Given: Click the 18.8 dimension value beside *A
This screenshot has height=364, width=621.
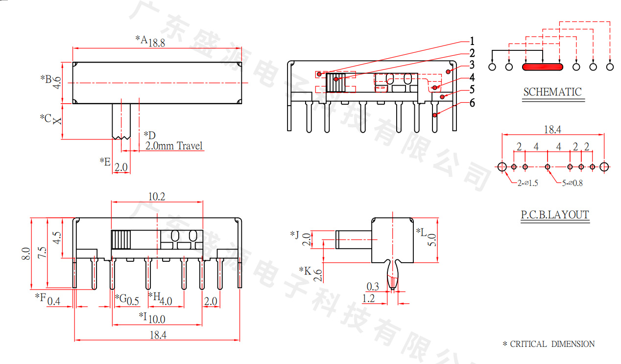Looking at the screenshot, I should (x=156, y=43).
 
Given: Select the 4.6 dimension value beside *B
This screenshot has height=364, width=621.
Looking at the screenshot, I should (x=57, y=82).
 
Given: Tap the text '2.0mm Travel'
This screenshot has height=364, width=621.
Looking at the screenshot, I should (x=174, y=146).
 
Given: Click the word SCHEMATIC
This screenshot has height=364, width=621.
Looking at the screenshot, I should (x=552, y=92).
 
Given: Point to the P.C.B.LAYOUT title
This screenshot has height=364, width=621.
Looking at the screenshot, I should (x=554, y=215).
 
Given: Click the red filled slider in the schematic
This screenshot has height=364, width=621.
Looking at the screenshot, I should (x=543, y=67).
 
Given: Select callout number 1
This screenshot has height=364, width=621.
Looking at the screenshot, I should (x=472, y=41).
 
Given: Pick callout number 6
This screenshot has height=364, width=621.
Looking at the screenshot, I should (x=472, y=103).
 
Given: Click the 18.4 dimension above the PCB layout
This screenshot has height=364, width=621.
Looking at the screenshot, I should (x=552, y=130).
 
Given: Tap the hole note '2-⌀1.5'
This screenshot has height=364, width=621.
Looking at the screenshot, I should (x=528, y=183).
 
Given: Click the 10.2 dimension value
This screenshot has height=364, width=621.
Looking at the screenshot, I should (x=156, y=197).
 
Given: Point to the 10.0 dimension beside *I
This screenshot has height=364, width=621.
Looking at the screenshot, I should (x=157, y=319).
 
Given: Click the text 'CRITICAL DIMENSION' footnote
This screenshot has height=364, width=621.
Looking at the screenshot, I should (x=552, y=344).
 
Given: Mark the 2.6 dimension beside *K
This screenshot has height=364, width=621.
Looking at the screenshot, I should (x=317, y=275).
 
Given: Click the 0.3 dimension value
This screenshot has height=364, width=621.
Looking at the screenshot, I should (x=373, y=287).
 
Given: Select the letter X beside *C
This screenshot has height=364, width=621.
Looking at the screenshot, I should (x=57, y=120).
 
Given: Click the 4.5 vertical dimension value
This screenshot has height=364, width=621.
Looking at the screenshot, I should (x=57, y=238).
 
